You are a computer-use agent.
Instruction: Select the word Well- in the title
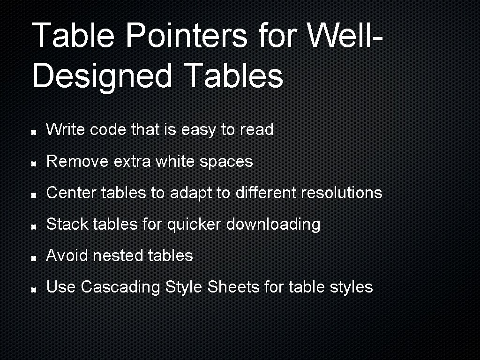pyautogui.click(x=343, y=36)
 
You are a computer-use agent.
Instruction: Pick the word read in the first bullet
pyautogui.click(x=256, y=130)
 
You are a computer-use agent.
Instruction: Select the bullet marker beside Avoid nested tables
pyautogui.click(x=34, y=258)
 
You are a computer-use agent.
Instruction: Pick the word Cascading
pyautogui.click(x=120, y=287)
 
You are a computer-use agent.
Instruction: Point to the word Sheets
pyautogui.click(x=233, y=287)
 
